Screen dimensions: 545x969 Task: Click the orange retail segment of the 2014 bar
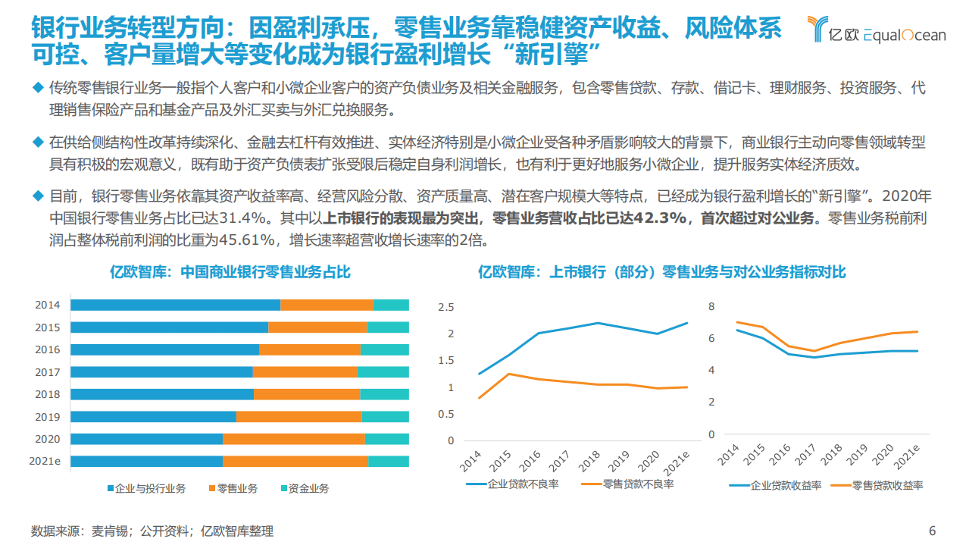[327, 305]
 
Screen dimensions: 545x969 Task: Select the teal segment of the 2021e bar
[388, 461]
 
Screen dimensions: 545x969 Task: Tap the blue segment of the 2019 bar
[153, 416]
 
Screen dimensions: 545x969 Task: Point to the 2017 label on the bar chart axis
[48, 372]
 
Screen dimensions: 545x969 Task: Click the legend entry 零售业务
[233, 488]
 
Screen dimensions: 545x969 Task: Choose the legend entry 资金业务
[305, 488]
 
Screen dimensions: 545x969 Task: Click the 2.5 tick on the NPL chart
[445, 307]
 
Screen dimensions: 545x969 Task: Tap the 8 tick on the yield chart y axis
[711, 306]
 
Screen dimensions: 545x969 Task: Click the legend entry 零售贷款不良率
[627, 484]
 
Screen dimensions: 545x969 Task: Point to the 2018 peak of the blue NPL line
[597, 323]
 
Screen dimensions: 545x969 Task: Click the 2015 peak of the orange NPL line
[508, 374]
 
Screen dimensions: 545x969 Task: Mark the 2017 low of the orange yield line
[813, 351]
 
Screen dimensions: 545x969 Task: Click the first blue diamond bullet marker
[37, 88]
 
